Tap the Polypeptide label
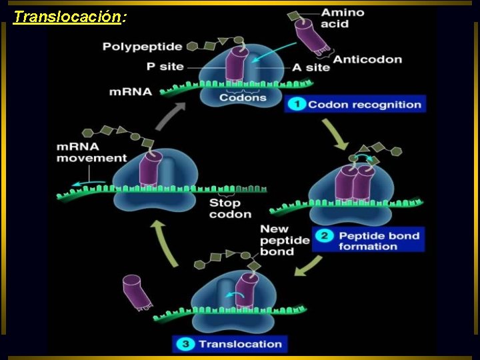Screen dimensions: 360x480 click(142, 47)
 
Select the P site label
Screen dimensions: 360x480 click(165, 67)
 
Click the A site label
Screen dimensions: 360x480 click(311, 67)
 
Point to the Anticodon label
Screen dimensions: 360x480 click(367, 59)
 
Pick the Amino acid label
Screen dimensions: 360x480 click(342, 19)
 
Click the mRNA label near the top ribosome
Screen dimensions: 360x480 click(130, 91)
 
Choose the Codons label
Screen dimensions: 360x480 click(243, 97)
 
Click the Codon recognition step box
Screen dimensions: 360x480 click(355, 104)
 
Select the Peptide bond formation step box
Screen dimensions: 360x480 click(368, 241)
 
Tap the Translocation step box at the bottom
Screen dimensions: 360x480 click(231, 344)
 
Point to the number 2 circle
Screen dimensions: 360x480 click(325, 235)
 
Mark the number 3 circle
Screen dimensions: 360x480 click(185, 344)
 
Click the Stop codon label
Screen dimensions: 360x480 click(230, 209)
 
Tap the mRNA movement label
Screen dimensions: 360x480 click(91, 153)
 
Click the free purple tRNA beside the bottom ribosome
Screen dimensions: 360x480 click(136, 292)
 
